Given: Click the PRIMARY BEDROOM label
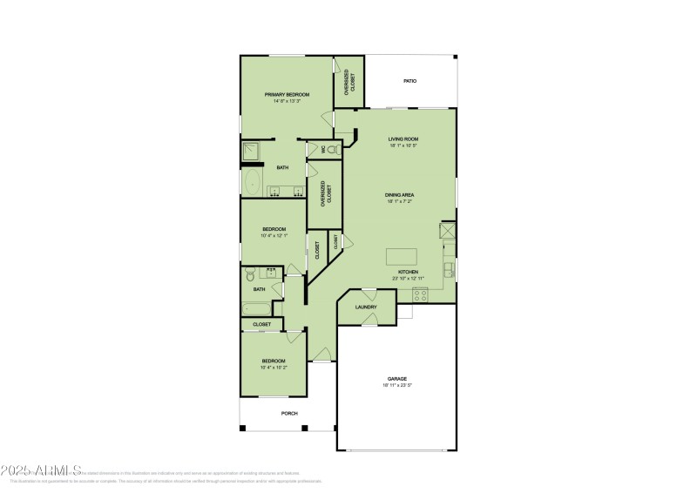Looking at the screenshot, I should click(x=287, y=94).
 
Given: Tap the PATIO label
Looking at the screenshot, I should click(x=409, y=81).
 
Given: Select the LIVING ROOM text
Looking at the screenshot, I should click(x=403, y=138).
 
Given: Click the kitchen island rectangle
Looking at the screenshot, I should click(x=402, y=256).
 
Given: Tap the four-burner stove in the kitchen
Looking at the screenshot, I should click(x=420, y=294).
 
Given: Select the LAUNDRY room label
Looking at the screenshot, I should click(x=366, y=307).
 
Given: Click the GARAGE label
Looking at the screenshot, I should click(x=397, y=378).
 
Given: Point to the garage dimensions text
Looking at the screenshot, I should click(x=397, y=385).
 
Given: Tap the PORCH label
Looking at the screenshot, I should click(x=288, y=413).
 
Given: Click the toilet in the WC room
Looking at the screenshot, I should click(x=332, y=150).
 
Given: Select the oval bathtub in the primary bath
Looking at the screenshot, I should click(x=253, y=183).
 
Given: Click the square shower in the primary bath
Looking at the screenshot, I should click(x=252, y=152).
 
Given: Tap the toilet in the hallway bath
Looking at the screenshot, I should click(x=250, y=274).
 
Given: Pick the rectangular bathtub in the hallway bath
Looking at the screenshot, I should click(x=257, y=307).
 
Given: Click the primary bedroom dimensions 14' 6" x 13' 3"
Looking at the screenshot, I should click(x=287, y=101).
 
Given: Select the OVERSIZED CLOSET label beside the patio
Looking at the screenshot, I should click(x=349, y=82).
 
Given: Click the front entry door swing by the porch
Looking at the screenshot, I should click(x=321, y=354).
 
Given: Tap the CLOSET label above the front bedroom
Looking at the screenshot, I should click(x=261, y=324).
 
